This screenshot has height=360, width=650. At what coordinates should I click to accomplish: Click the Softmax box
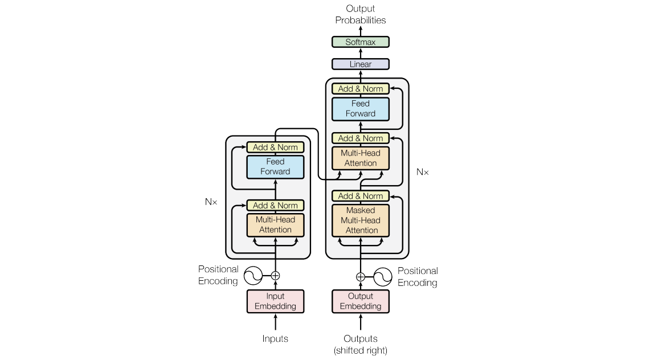[x=360, y=42]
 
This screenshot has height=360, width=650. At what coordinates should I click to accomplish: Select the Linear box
[x=360, y=64]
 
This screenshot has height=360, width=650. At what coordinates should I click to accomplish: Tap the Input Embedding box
[x=275, y=301]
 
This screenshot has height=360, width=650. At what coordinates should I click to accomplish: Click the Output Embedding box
[x=360, y=301]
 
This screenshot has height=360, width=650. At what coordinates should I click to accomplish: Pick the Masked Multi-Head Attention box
[x=360, y=220]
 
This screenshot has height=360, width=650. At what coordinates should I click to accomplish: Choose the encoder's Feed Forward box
[x=275, y=167]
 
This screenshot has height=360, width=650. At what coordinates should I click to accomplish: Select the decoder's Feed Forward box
[x=360, y=109]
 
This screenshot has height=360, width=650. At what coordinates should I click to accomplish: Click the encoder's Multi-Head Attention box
[x=275, y=225]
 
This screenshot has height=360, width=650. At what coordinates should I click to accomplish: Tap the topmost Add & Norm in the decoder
[x=360, y=89]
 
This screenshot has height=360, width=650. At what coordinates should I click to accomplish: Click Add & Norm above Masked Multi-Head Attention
[x=360, y=196]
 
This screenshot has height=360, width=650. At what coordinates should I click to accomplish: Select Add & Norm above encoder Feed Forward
[x=275, y=148]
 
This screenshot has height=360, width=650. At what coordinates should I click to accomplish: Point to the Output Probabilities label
[x=360, y=15]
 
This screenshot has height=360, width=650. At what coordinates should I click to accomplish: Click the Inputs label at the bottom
[x=275, y=339]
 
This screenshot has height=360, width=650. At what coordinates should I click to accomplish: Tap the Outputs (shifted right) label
[x=360, y=345]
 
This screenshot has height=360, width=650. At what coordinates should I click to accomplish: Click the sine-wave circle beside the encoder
[x=253, y=276]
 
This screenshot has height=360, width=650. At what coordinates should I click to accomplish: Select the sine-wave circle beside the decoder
[x=383, y=277]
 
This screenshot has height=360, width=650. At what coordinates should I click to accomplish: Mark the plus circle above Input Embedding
[x=275, y=276]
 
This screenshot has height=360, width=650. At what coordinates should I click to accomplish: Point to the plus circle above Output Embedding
[x=360, y=277]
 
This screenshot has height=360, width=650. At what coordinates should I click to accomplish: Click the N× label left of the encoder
[x=211, y=202]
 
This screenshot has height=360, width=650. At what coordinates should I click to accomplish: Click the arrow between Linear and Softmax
[x=360, y=53]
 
